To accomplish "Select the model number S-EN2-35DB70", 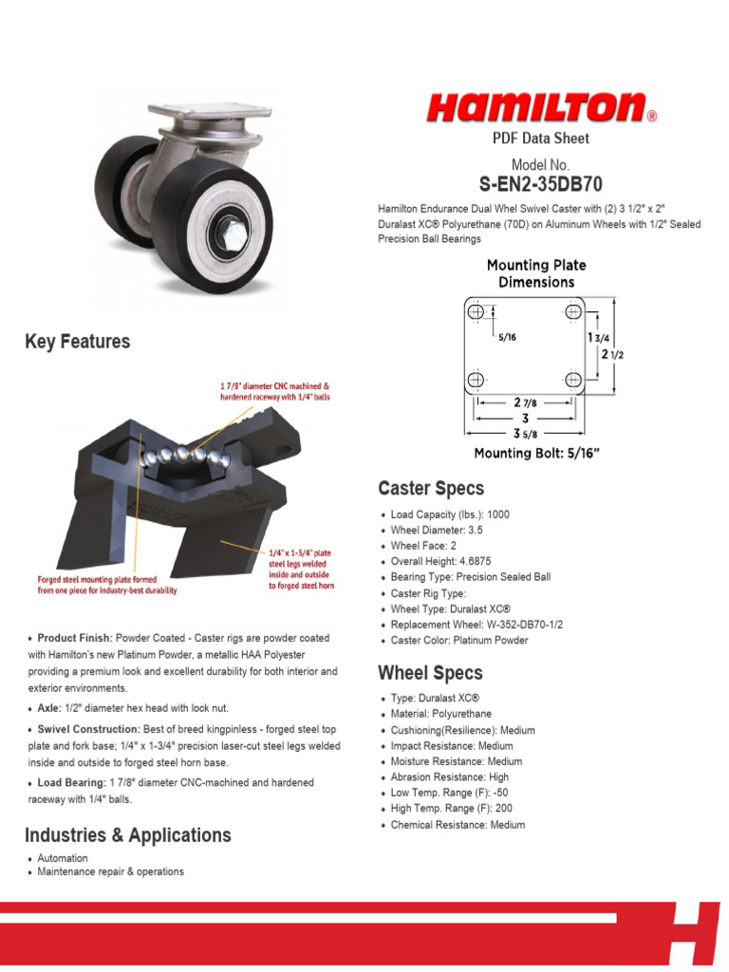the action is pos(540,184).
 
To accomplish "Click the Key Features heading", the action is pos(78,342).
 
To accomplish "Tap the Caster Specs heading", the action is pos(431,489).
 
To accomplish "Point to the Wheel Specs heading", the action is pos(430,673).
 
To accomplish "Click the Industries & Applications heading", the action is pos(128,835).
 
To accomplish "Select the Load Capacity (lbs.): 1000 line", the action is pos(450,514).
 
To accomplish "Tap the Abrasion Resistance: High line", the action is pos(450,777).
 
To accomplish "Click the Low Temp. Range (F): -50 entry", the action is pos(449,793).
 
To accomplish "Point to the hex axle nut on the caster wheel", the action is pos(232,228).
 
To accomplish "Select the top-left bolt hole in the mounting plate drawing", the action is pos(477,311).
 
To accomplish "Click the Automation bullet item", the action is pos(63,858).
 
